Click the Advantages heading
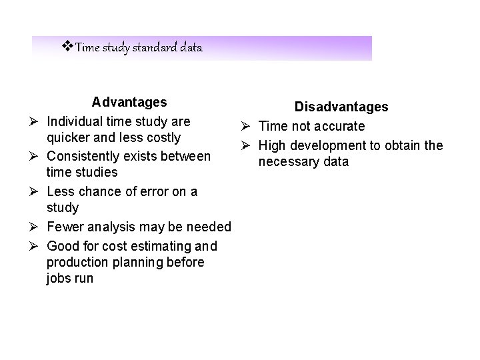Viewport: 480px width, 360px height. [x=129, y=103]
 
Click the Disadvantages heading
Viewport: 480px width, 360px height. [x=342, y=107]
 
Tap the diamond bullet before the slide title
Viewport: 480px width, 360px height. [x=67, y=47]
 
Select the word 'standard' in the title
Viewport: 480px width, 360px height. [x=157, y=48]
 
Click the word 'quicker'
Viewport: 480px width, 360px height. [x=67, y=137]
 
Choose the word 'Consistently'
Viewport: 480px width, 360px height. [x=84, y=157]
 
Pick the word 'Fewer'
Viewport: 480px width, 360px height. [x=65, y=227]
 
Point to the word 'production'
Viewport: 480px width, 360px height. [x=75, y=262]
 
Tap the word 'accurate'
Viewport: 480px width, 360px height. [x=340, y=127]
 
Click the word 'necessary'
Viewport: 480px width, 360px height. [x=293, y=162]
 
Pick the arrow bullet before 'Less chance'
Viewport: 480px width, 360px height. [x=33, y=192]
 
